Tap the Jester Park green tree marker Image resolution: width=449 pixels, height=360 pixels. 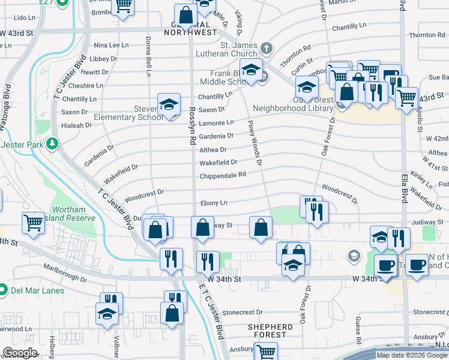[53, 144]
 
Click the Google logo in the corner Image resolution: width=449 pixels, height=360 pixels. [20, 353]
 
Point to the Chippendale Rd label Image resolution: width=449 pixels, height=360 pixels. [223, 175]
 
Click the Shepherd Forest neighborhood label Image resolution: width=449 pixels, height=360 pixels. [270, 331]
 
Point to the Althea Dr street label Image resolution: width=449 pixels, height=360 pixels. [212, 150]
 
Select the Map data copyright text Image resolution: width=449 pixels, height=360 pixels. [411, 355]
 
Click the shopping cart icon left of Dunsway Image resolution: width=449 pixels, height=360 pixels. [32, 223]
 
